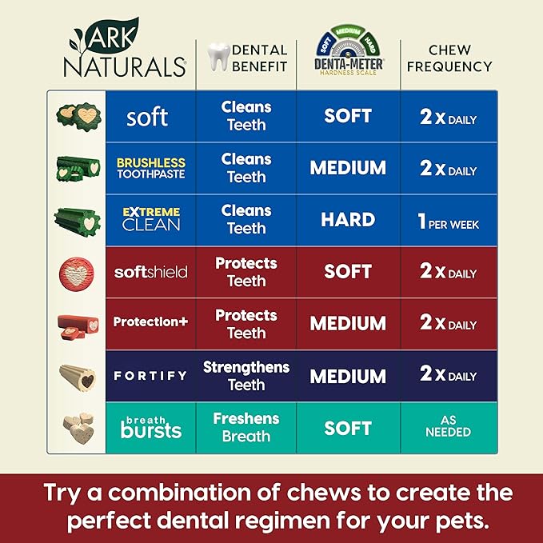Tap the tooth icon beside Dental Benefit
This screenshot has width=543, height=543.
(x=218, y=57)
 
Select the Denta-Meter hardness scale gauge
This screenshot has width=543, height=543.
(x=348, y=50)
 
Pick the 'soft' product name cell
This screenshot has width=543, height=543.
(x=147, y=118)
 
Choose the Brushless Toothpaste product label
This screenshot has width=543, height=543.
(x=150, y=168)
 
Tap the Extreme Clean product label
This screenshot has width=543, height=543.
(x=150, y=218)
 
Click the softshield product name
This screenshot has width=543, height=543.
(x=150, y=272)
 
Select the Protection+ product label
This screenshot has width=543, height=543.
(x=150, y=322)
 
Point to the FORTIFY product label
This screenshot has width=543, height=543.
(x=150, y=375)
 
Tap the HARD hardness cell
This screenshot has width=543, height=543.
(x=348, y=220)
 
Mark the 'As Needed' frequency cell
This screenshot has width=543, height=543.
(x=449, y=426)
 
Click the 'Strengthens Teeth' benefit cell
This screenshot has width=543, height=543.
(x=246, y=375)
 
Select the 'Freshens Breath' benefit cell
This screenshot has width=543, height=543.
(x=246, y=427)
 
